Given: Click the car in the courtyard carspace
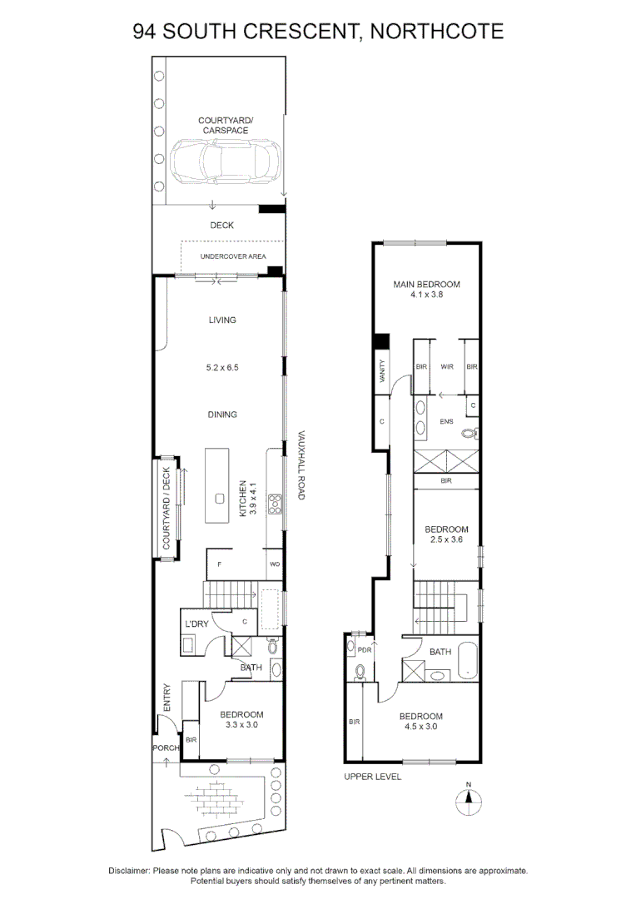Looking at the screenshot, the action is point(226,160).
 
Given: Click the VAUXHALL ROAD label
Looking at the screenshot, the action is point(301,465).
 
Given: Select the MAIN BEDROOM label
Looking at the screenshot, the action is point(427,284).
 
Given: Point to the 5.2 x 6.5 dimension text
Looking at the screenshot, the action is point(222,368).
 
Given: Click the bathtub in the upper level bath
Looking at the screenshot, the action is point(467,660).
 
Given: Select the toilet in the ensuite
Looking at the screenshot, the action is point(470,434).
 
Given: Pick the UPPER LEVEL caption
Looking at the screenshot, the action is point(373,777).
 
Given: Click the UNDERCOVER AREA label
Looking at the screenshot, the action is point(233,256).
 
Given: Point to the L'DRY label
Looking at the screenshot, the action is point(196,623).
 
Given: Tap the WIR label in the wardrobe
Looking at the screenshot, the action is point(447,366).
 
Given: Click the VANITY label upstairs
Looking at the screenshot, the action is point(383,371).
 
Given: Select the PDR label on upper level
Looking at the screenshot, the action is point(365,650).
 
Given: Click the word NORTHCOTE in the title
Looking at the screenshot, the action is point(437,31).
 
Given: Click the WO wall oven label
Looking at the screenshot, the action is point(275,564).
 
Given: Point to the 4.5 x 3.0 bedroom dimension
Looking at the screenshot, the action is point(421,727).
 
